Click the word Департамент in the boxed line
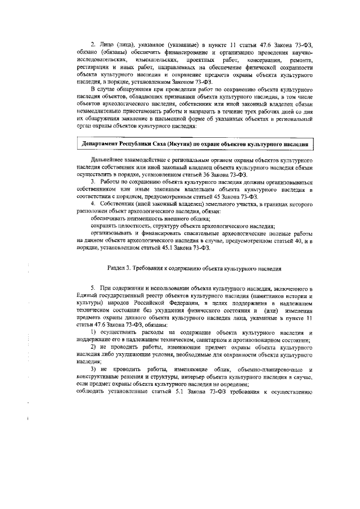[102, 145]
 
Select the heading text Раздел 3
[122, 269]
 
